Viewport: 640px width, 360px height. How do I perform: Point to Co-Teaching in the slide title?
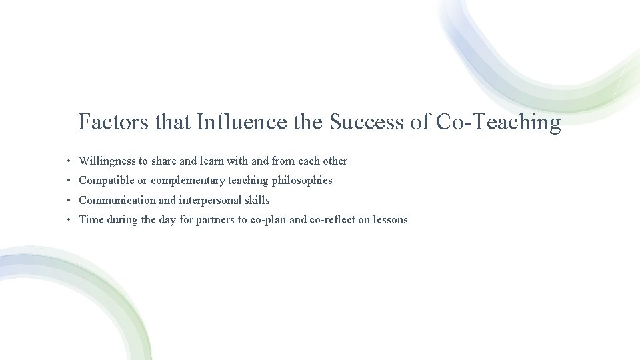tap(498, 123)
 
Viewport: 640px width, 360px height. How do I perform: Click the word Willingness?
tap(107, 161)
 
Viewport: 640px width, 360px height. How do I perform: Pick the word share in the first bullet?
tap(164, 161)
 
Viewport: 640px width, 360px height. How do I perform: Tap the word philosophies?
tap(302, 181)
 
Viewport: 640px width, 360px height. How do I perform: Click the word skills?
tap(257, 200)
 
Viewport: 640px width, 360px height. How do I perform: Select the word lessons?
tap(390, 220)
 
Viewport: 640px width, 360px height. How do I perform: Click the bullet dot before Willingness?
tap(69, 161)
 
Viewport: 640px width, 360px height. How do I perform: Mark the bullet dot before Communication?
tap(69, 200)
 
